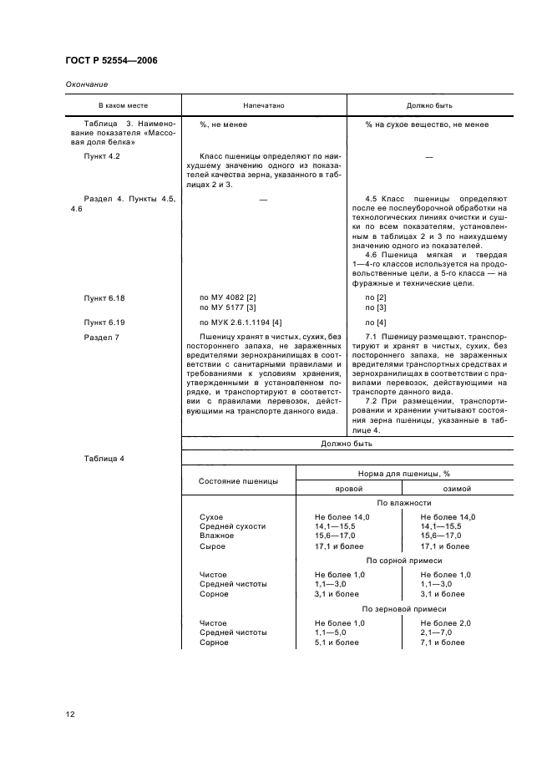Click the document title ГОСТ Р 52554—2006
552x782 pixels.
[x=111, y=61]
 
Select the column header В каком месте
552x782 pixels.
[x=122, y=107]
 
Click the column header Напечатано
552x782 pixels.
[x=264, y=107]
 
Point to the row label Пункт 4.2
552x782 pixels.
[x=103, y=155]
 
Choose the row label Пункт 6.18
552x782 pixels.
[x=104, y=297]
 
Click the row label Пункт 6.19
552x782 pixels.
[x=104, y=322]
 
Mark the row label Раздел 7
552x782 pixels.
[x=102, y=337]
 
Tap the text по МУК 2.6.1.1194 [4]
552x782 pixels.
[x=241, y=322]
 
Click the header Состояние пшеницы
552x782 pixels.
[x=238, y=481]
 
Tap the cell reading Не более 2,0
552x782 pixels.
[x=445, y=623]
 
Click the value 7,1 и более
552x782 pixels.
[x=443, y=642]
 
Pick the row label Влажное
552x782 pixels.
[x=216, y=536]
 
